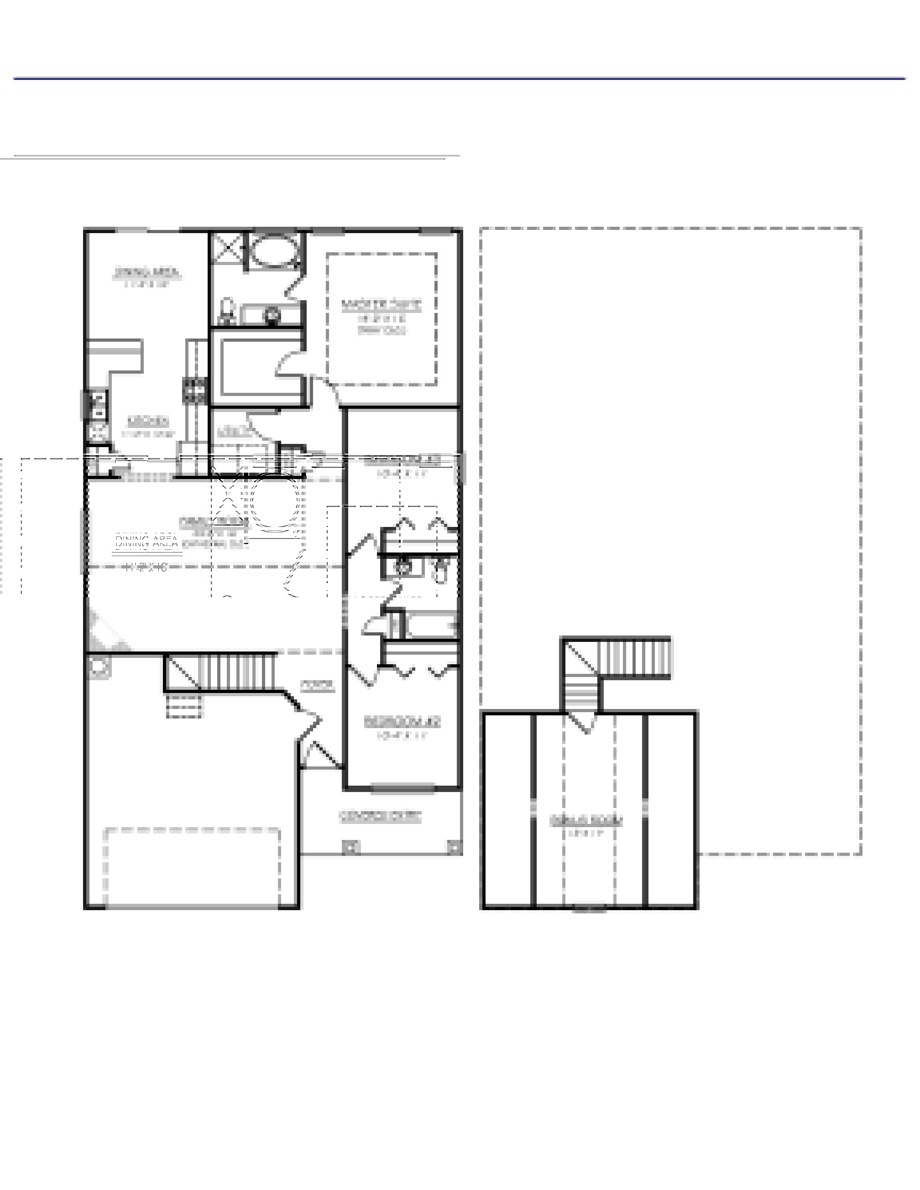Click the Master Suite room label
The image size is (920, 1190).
click(x=381, y=305)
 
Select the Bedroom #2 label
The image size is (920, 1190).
click(x=402, y=722)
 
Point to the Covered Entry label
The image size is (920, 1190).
click(x=381, y=816)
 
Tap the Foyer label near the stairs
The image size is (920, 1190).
click(x=318, y=685)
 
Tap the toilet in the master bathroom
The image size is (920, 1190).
click(x=227, y=311)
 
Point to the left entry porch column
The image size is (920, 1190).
click(x=351, y=847)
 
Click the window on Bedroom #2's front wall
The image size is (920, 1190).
click(x=402, y=787)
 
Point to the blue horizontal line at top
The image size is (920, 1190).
click(x=460, y=79)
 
